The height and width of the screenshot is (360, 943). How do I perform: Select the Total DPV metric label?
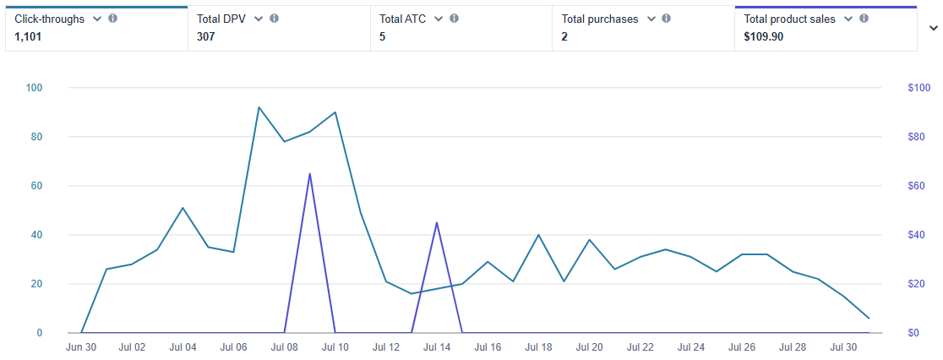point(221,19)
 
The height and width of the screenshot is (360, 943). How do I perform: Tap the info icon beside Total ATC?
point(455,19)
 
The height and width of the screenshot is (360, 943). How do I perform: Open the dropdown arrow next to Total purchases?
point(651,19)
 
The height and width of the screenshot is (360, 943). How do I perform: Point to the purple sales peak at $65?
point(310,173)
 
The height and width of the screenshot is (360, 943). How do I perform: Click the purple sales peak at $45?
point(437,222)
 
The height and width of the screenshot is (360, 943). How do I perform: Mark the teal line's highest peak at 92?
point(259,107)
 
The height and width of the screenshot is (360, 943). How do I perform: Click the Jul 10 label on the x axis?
point(335,346)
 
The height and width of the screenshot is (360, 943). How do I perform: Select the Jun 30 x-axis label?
point(81,346)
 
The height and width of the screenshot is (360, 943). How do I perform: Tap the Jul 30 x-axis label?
point(843,346)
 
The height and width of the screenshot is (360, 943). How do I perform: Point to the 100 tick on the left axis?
point(35,88)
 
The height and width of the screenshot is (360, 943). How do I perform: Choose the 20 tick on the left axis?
point(37,284)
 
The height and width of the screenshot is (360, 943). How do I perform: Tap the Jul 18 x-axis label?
point(538,346)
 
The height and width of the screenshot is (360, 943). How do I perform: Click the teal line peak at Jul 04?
point(183,208)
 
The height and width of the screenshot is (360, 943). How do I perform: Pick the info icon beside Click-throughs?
point(113,19)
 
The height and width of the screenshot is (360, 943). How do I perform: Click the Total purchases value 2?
point(564,36)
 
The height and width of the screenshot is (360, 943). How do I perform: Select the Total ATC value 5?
point(382,36)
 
